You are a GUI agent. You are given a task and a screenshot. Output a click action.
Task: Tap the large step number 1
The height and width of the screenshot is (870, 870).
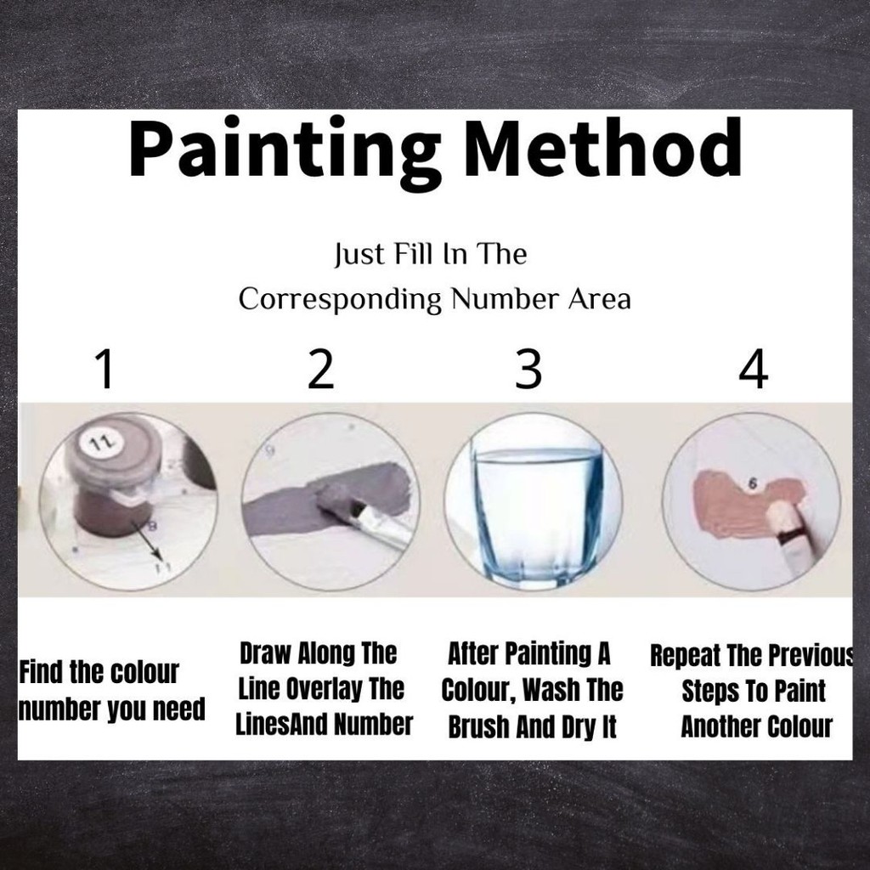click(x=105, y=369)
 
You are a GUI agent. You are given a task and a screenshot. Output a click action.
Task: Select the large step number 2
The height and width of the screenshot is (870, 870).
click(x=320, y=369)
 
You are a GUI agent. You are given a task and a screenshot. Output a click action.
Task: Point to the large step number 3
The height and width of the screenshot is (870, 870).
click(x=528, y=369)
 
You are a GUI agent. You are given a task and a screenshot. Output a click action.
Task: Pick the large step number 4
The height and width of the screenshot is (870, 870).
click(x=754, y=369)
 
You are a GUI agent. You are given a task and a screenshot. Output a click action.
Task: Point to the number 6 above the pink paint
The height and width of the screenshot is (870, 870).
click(x=753, y=483)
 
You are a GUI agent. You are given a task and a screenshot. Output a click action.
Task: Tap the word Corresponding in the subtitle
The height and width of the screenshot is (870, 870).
click(x=340, y=300)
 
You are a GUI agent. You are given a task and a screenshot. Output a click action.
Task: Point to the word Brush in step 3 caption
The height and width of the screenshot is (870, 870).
click(x=479, y=727)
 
